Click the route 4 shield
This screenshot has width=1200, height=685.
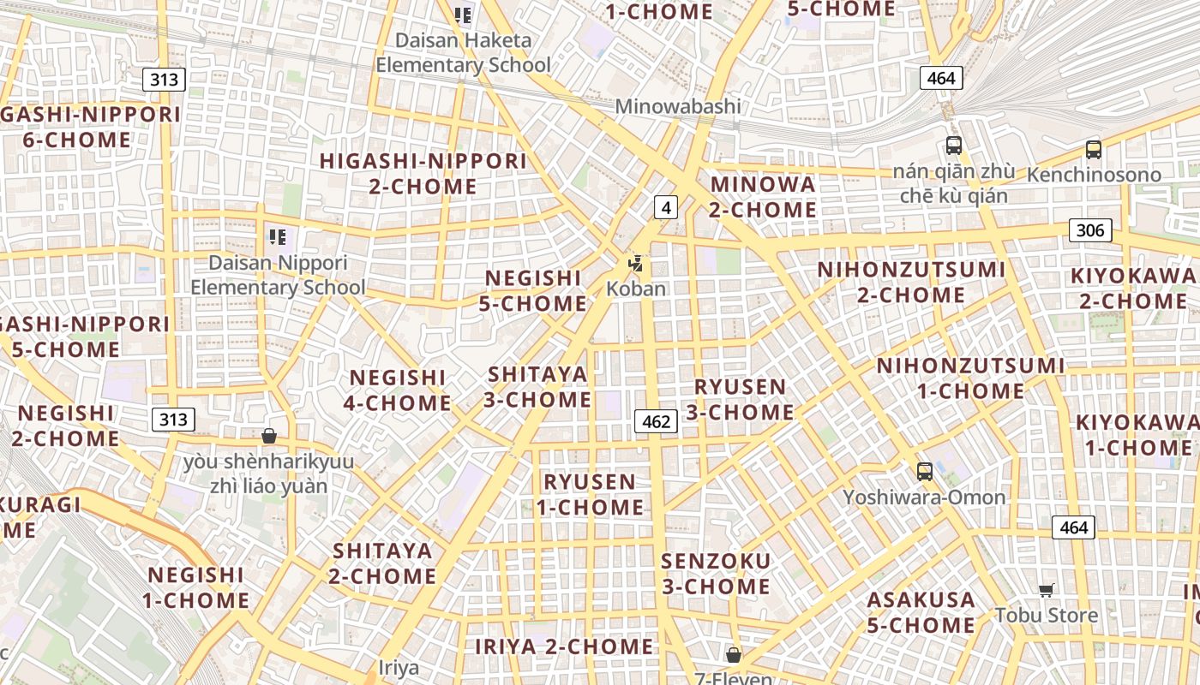(x=665, y=206)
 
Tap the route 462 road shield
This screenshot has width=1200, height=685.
(x=656, y=421)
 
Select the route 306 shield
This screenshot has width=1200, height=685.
(x=1090, y=229)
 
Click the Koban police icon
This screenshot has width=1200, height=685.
(x=635, y=264)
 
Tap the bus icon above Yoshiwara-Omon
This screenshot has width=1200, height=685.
(x=924, y=471)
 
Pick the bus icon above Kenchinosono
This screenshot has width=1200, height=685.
(x=1093, y=150)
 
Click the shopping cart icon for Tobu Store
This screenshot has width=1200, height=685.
(x=1046, y=590)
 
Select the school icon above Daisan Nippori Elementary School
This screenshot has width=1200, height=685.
(x=277, y=237)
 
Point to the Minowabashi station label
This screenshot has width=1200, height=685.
(x=678, y=107)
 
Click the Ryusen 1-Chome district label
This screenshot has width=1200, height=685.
(x=591, y=494)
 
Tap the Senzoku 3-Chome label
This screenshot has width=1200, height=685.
(x=716, y=574)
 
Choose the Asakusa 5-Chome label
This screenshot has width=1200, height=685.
(x=921, y=612)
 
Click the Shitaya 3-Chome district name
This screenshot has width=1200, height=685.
(x=539, y=386)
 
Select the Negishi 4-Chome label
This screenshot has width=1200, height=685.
(x=398, y=390)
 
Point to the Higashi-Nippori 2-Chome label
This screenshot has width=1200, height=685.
(x=423, y=173)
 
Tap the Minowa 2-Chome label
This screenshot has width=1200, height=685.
(x=763, y=196)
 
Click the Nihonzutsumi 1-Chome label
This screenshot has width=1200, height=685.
(x=970, y=378)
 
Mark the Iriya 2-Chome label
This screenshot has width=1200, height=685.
(x=564, y=646)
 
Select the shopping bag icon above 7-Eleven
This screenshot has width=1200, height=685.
(x=733, y=655)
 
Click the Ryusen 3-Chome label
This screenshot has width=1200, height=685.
(x=740, y=399)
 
